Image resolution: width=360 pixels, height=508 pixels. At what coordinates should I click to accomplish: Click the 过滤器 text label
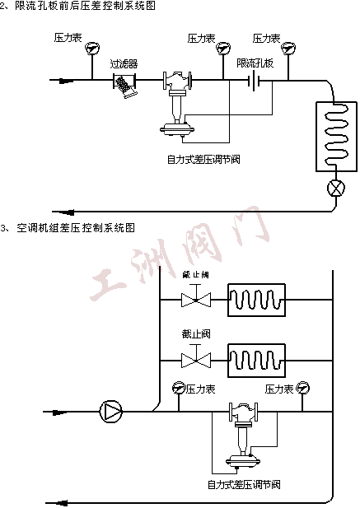[x=124, y=63]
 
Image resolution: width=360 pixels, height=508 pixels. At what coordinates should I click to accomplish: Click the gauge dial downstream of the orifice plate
[x=288, y=49]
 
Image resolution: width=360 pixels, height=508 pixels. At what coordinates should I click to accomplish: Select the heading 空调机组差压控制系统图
[x=78, y=226]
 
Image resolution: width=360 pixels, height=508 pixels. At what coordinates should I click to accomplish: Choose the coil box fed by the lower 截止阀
[x=256, y=359]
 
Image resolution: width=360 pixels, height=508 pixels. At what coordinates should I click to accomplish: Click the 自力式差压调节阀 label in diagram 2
[x=203, y=158]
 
